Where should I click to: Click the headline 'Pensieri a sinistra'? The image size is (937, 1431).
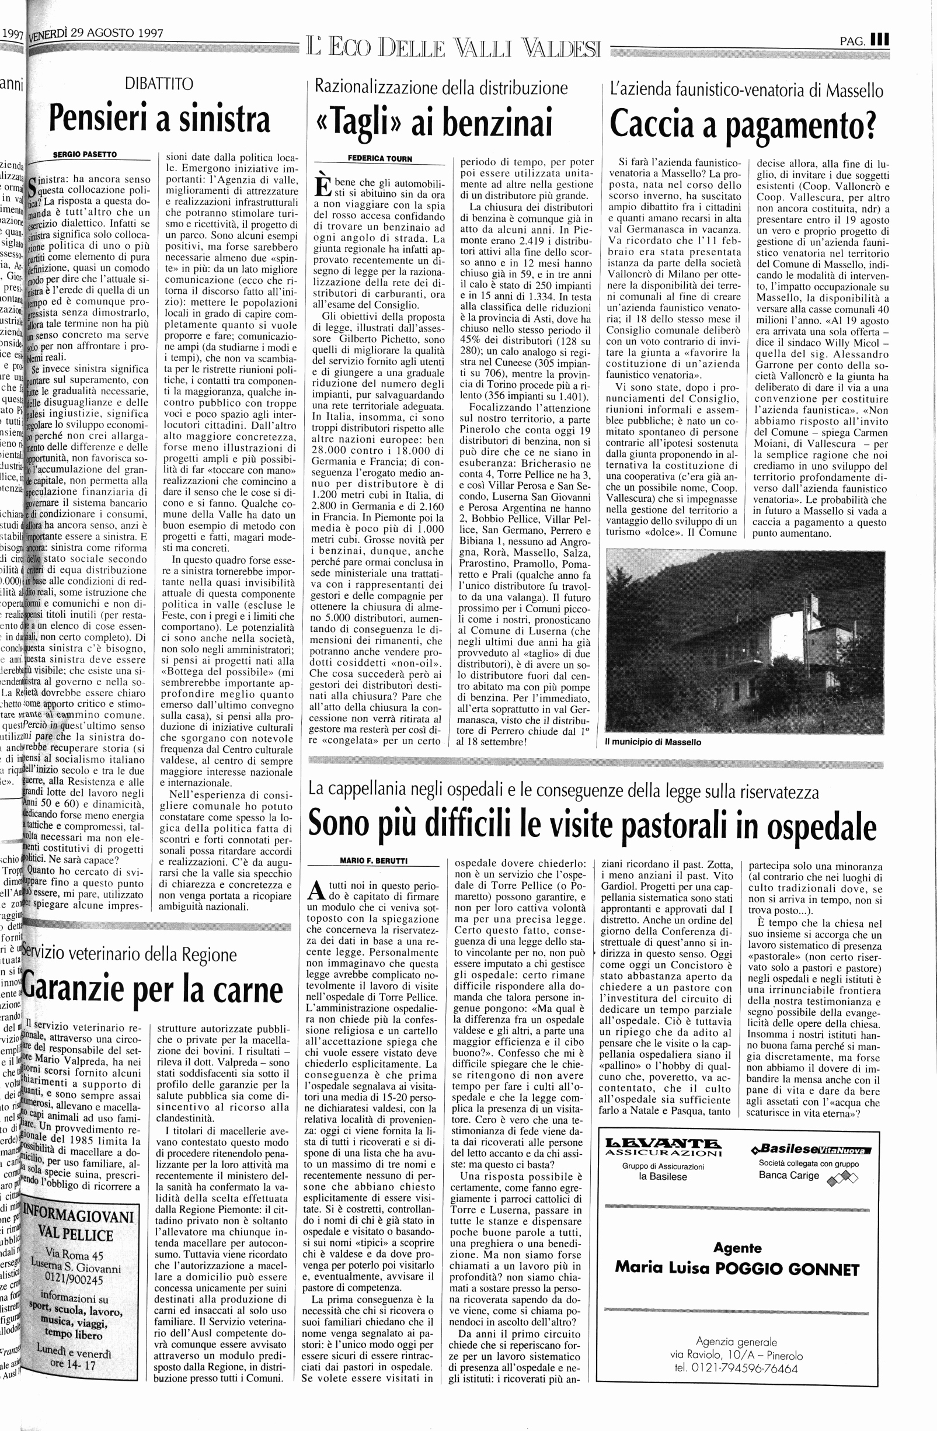pos(159,119)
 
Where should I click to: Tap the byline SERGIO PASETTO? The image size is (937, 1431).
pos(85,155)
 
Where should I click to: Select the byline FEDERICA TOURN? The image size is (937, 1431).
pos(380,159)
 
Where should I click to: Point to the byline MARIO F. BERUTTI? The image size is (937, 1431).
pos(373,860)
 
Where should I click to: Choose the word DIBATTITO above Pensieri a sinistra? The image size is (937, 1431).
pos(159,84)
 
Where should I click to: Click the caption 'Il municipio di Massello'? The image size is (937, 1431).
pos(653,742)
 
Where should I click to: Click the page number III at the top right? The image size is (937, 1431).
pos(880,41)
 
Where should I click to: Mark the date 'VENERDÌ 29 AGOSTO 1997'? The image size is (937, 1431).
pos(96,35)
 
